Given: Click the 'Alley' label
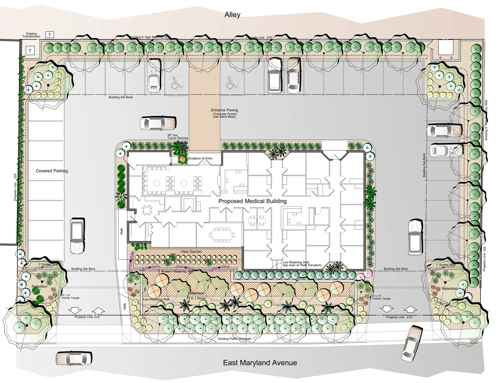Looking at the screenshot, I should pyautogui.click(x=232, y=15).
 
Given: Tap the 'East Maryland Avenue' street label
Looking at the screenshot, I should pyautogui.click(x=260, y=363).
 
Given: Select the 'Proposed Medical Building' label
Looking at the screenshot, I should pyautogui.click(x=252, y=201).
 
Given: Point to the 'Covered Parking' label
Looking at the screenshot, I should pyautogui.click(x=52, y=171).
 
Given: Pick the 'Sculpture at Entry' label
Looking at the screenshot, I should pyautogui.click(x=200, y=158).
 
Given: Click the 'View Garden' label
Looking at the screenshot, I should pyautogui.click(x=191, y=252).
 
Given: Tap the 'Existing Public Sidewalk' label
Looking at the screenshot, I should pyautogui.click(x=234, y=339).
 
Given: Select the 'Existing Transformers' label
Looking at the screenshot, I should pyautogui.click(x=31, y=35).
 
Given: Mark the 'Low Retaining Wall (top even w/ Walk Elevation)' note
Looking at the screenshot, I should pyautogui.click(x=302, y=264).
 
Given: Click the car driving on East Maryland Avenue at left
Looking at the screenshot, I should pyautogui.click(x=74, y=358).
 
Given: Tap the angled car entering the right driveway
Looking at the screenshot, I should pyautogui.click(x=412, y=343).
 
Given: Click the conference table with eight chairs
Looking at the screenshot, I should pyautogui.click(x=222, y=235).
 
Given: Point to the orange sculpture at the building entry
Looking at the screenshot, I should pyautogui.click(x=183, y=159).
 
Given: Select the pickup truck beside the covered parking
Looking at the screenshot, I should pyautogui.click(x=77, y=236).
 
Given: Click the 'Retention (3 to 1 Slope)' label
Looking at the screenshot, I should pyautogui.click(x=196, y=295).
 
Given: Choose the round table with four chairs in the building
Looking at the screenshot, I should pyautogui.click(x=147, y=210).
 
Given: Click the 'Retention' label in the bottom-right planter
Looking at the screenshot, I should pyautogui.click(x=449, y=289).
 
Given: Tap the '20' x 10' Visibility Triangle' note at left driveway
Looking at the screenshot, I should pyautogui.click(x=70, y=297).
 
